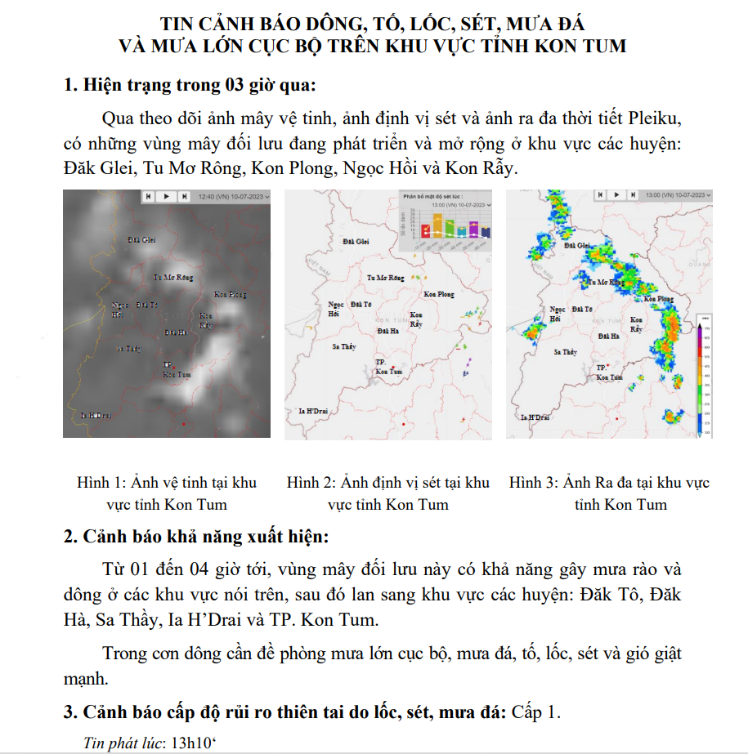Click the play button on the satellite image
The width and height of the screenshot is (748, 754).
click(166, 196)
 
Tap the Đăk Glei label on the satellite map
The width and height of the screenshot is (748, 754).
click(141, 239)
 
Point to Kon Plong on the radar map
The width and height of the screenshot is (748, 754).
click(660, 299)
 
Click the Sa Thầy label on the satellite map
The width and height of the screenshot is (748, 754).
click(129, 349)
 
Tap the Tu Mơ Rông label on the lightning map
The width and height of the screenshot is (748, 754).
click(385, 278)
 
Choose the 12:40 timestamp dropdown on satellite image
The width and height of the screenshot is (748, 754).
click(233, 196)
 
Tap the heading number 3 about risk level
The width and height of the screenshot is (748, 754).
click(69, 712)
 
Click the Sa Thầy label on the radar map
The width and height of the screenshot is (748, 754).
click(565, 352)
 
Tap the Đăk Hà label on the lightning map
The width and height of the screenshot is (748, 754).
click(388, 331)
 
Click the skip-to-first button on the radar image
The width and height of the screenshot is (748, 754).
click(601, 195)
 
